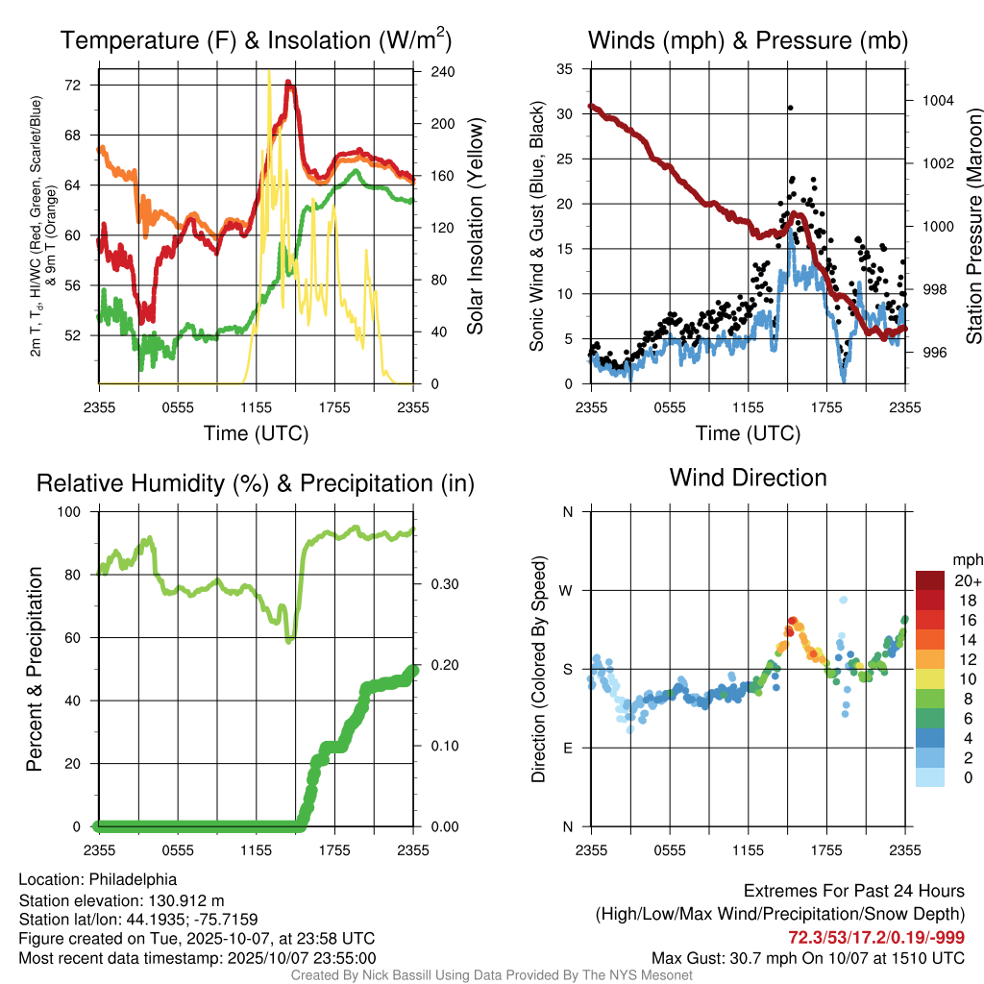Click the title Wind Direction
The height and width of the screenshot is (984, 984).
(x=748, y=478)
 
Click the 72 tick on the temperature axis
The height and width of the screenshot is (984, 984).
(x=73, y=86)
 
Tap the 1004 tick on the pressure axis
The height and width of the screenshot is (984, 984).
(x=935, y=100)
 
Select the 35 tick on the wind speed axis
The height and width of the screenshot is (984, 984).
(x=565, y=69)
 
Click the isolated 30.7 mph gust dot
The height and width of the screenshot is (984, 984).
(x=790, y=108)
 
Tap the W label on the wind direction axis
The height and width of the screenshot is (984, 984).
(x=567, y=590)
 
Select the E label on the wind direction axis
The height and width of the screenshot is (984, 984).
(x=567, y=748)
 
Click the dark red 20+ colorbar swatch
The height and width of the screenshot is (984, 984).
(x=930, y=580)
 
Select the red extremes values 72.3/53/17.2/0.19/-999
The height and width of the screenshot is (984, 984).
(x=876, y=937)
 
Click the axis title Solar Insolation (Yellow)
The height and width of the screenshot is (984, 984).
(x=475, y=226)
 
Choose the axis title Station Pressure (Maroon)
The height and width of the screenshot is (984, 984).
(x=974, y=227)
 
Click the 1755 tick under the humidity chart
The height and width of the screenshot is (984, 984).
(x=335, y=849)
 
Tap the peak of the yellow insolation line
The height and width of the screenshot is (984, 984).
(x=268, y=71)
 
